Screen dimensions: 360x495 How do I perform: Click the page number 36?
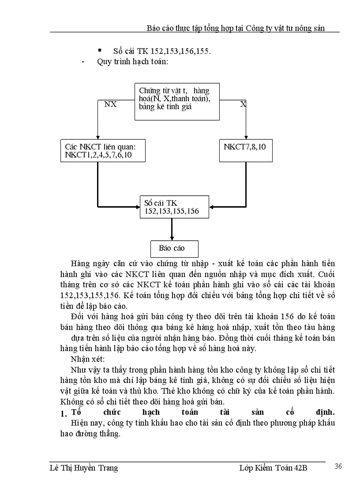tap(339, 467)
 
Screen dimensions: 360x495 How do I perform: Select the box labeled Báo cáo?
tap(174, 249)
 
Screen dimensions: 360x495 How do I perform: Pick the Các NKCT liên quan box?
tap(103, 151)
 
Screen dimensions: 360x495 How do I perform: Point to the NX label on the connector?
tap(110, 105)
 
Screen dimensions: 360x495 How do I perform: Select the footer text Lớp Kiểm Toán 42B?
tap(270, 468)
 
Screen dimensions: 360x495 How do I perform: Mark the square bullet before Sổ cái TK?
tap(100, 51)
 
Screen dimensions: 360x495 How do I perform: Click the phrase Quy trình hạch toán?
tap(132, 62)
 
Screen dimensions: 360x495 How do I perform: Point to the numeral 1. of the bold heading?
tap(63, 413)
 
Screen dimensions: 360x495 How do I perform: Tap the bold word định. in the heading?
tap(322, 413)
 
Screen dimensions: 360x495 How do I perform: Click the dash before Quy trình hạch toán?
tap(83, 62)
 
